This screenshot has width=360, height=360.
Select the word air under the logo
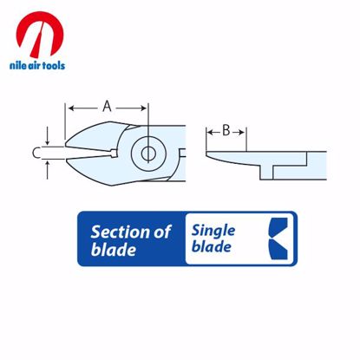point(34,65)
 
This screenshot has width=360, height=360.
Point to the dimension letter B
point(226,131)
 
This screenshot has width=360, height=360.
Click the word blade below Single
point(212,250)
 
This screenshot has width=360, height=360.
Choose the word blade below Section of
point(114,251)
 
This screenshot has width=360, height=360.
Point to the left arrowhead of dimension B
point(209,131)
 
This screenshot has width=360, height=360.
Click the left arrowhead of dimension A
point(69,108)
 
